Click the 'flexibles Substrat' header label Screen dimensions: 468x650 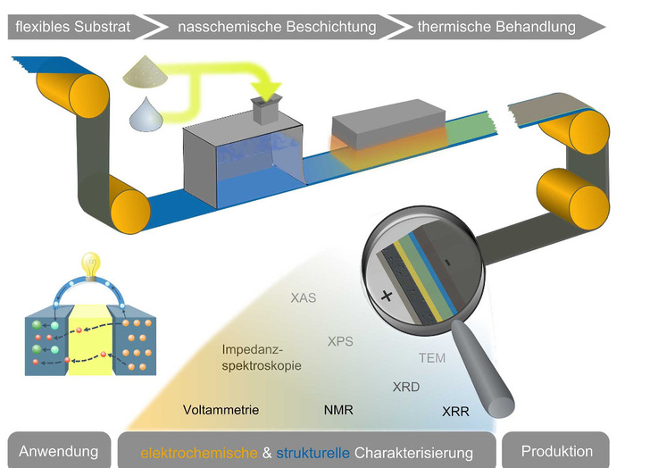pos(74,27)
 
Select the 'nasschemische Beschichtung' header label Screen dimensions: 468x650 pos(277,27)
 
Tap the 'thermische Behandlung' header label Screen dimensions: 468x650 pos(496,27)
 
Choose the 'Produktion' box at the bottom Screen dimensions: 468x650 pos(556,450)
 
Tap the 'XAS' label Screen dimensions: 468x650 pos(304,298)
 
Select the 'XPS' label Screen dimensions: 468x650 pos(340,341)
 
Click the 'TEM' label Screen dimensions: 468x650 pos(432,359)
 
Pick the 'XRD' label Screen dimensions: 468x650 pos(406,387)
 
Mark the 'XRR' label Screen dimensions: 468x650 pos(455,412)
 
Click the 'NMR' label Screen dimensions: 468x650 pos(338,410)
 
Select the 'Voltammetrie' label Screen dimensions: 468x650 pos(221,410)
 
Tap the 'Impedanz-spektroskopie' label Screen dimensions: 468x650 pos(260,357)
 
